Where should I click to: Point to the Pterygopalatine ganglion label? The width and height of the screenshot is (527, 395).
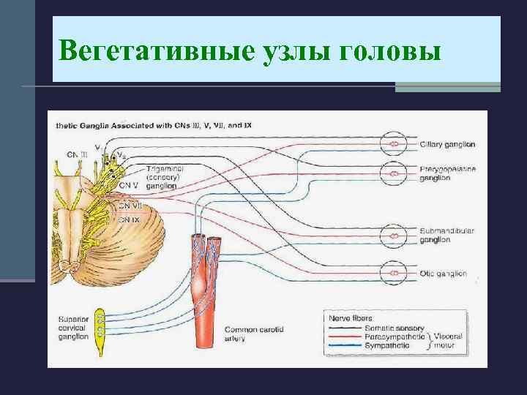(x=447, y=173)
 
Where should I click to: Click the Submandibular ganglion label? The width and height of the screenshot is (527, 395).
(x=446, y=235)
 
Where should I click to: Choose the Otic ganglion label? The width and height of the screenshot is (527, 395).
(x=443, y=274)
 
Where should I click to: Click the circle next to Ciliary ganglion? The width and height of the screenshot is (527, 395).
(x=395, y=144)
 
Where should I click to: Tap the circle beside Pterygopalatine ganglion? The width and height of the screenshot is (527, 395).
(x=395, y=173)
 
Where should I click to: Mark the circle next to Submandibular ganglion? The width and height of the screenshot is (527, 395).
(x=395, y=235)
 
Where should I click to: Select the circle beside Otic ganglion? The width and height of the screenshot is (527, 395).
(x=395, y=273)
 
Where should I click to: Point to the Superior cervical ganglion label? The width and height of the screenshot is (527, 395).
(x=73, y=328)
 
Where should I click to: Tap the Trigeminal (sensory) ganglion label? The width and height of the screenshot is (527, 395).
(x=165, y=177)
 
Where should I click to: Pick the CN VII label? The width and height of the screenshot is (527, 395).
(x=129, y=206)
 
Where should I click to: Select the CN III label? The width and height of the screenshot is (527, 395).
(x=77, y=154)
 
